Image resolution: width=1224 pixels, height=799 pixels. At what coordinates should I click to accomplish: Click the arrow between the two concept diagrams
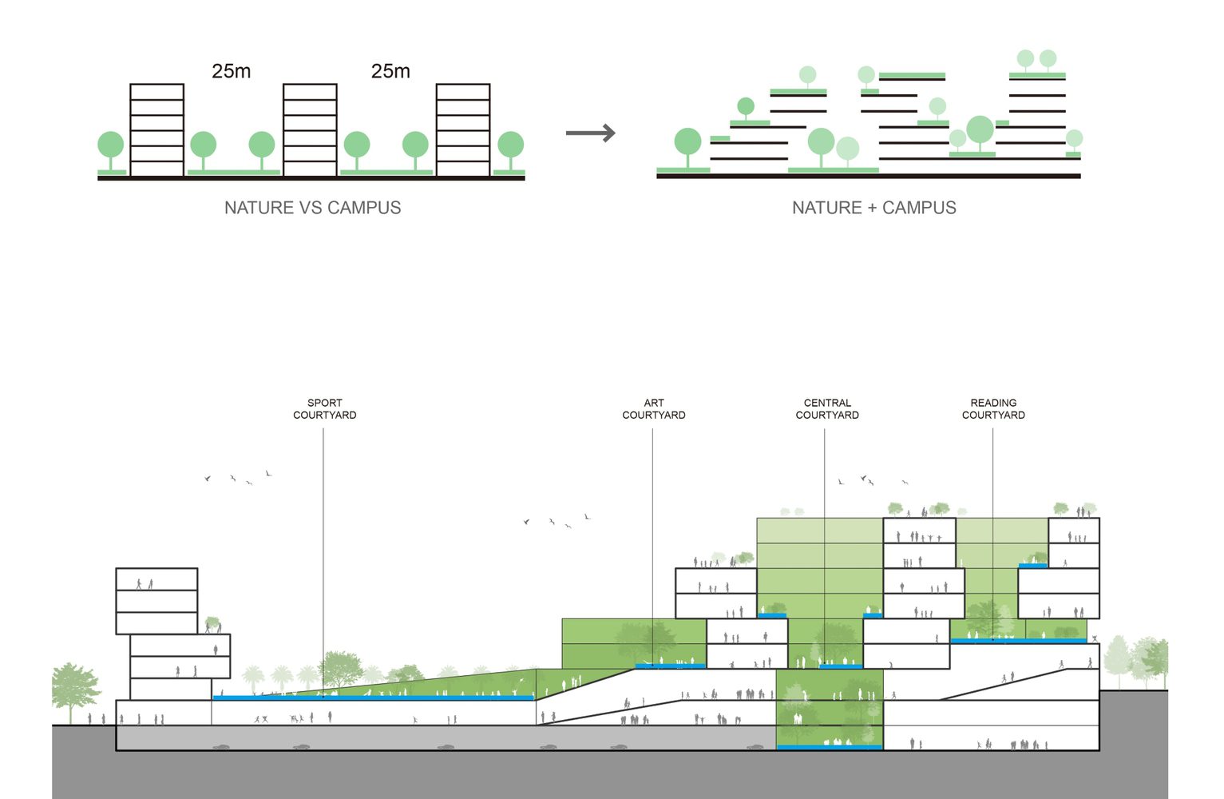591,133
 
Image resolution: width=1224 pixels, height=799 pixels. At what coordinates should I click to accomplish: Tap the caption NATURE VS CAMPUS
312,208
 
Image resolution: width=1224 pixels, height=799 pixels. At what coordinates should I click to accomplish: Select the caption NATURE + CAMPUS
873,208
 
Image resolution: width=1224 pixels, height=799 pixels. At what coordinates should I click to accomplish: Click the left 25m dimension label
231,71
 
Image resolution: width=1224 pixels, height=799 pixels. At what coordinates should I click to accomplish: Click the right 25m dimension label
390,71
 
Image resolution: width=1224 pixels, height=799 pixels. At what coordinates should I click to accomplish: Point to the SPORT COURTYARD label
324,409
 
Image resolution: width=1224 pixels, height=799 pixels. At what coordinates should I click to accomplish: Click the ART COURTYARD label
653,409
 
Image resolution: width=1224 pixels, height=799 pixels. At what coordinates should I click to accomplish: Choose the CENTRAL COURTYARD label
827,409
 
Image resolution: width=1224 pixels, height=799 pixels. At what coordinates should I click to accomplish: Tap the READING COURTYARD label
993,409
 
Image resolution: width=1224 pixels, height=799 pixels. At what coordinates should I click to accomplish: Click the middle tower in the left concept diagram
310,129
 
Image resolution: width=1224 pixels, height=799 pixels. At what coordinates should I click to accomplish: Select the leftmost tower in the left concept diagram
157,129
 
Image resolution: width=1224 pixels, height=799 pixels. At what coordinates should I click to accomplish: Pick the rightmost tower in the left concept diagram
463,129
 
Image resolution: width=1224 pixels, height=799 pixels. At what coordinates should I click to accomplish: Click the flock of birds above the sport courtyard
238,478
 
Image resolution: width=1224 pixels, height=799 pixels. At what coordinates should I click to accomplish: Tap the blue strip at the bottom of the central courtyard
830,747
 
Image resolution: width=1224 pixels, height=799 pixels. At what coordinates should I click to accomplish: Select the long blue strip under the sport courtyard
373,698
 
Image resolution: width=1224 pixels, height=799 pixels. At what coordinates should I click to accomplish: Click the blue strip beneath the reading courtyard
1018,641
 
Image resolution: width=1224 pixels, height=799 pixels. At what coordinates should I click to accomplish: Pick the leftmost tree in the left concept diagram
111,149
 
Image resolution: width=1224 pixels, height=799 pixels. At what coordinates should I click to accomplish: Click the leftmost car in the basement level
220,747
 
